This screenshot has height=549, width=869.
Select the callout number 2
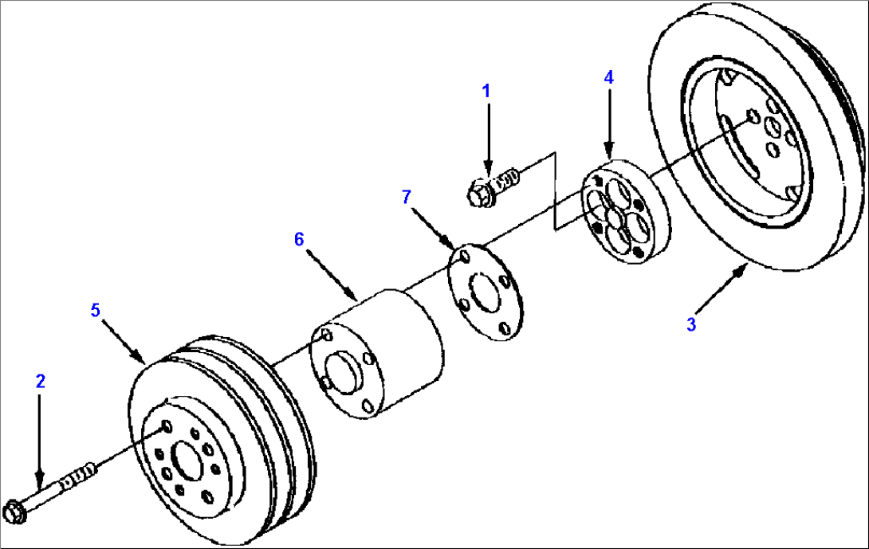[x=40, y=381]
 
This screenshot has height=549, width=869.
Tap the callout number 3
[x=691, y=324]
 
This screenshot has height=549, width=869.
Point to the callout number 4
[x=608, y=77]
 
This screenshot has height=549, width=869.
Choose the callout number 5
[x=96, y=310]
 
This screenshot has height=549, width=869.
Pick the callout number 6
[x=299, y=239]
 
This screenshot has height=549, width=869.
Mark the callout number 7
[x=407, y=197]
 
